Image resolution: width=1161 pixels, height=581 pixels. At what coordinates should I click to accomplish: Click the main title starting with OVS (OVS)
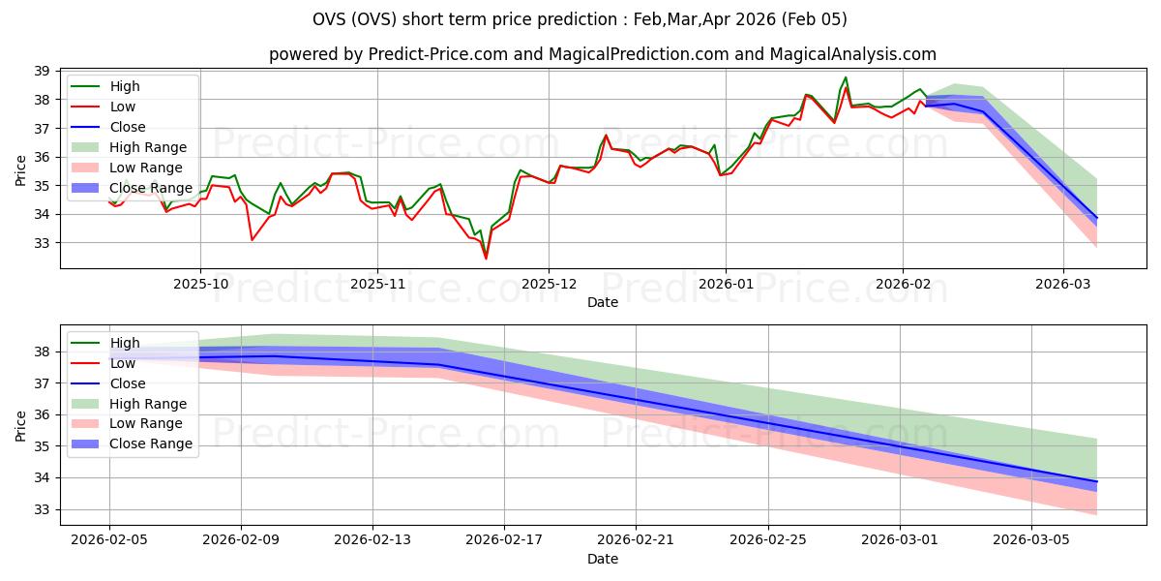pos(580,19)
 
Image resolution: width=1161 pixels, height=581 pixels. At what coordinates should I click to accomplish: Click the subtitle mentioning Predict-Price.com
pos(602,55)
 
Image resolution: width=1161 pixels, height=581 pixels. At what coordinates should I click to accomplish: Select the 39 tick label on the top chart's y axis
pos(42,72)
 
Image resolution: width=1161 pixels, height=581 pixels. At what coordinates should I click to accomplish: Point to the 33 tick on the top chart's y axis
pos(42,243)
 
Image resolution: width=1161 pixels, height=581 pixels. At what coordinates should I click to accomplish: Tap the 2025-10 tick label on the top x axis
pos(200,285)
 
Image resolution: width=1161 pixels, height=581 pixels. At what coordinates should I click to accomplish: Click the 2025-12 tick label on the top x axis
pos(549,285)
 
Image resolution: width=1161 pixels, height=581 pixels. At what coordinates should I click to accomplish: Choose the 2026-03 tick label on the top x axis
pos(1063,285)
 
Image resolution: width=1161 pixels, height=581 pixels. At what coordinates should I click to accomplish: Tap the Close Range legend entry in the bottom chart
pos(151,444)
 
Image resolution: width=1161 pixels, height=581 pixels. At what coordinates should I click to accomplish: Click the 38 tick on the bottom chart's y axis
pos(42,352)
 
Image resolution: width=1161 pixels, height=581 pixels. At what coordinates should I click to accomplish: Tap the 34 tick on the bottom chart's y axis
pos(42,478)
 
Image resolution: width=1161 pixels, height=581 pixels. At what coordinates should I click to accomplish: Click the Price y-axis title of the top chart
pos(21,171)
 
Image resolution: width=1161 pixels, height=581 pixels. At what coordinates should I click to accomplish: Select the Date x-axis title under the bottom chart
pos(602,560)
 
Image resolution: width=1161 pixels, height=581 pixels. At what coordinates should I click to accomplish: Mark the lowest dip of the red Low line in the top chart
pos(486,259)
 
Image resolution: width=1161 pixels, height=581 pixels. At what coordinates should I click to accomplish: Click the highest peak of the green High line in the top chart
pos(846,77)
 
